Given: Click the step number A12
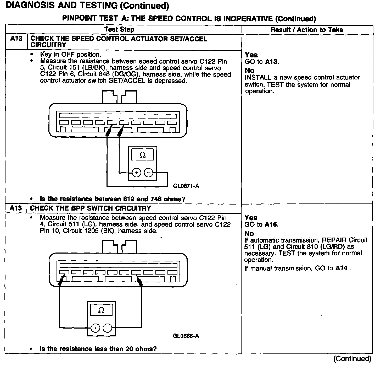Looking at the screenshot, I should click(x=16, y=39).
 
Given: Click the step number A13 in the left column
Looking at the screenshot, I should click(x=16, y=208).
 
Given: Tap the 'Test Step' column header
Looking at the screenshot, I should click(x=119, y=30).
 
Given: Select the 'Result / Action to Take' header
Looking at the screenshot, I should click(x=307, y=30).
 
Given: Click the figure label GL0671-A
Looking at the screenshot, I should click(x=186, y=186).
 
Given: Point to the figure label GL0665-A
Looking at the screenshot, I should click(x=186, y=336).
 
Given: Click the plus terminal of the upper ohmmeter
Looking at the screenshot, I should click(x=137, y=173).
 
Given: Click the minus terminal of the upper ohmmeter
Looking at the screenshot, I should click(x=149, y=173).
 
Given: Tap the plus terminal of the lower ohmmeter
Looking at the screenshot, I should click(x=96, y=328).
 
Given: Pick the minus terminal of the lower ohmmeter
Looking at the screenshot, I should click(x=107, y=328).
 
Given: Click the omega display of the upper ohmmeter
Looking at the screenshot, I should click(x=143, y=155).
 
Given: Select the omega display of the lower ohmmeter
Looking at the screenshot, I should click(x=101, y=310).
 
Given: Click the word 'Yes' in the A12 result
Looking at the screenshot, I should click(x=251, y=55).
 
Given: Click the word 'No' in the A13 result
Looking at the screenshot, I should click(x=249, y=234).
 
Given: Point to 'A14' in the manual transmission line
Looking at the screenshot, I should click(x=341, y=268).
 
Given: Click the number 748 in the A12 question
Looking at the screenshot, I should click(x=156, y=199).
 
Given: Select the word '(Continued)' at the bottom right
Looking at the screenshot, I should click(x=352, y=359).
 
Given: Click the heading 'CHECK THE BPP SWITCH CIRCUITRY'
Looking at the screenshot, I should click(x=91, y=208).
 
